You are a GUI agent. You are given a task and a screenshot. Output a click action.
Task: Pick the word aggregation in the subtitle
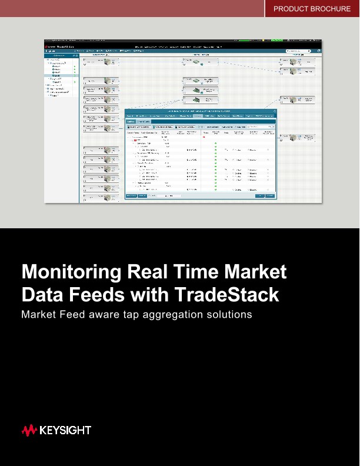pyautogui.click(x=176, y=315)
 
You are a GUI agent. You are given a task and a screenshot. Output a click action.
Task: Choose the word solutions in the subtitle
pyautogui.click(x=230, y=314)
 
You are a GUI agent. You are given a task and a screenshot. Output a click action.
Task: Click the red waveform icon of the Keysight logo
pyautogui.click(x=29, y=431)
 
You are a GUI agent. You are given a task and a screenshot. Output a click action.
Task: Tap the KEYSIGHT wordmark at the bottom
pyautogui.click(x=65, y=431)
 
